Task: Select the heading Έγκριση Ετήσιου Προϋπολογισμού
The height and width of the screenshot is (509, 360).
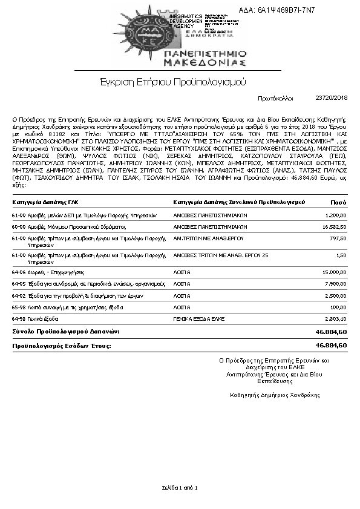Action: pos(179,80)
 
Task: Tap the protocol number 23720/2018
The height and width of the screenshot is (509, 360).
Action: pos(332,97)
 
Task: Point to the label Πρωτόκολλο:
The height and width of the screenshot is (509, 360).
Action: pos(275,97)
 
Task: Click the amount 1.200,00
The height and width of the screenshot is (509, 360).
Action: pos(336,215)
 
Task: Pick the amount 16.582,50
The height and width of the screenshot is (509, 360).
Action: pos(335,226)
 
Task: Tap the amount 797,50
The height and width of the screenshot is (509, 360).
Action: pos(338,238)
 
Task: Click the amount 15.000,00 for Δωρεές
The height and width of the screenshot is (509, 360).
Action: pos(335,272)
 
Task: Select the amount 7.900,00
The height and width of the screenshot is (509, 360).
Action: pos(336,283)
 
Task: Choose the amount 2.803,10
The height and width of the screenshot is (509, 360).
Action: pos(336,318)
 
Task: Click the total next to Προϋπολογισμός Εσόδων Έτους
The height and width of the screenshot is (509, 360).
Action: pos(331,345)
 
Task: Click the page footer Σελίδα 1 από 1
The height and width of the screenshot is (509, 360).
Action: pos(180,487)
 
